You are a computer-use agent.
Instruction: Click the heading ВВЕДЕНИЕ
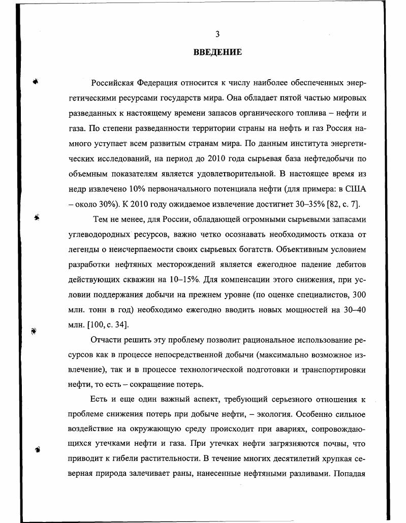pos(217,52)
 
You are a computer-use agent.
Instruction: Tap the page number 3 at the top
pos(217,35)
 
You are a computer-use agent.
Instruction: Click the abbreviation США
pos(355,190)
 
